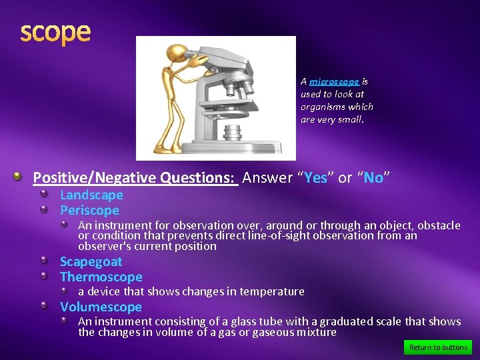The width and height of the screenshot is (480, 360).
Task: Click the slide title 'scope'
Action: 55,31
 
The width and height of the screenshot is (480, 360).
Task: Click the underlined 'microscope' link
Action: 334,81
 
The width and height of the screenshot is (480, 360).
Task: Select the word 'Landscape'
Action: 91,195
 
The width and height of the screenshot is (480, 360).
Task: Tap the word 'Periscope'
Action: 89,210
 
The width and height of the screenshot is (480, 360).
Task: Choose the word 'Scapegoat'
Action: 91,261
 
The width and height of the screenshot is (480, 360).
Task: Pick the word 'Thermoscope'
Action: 101,277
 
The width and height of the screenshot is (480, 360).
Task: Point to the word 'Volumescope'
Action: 101,307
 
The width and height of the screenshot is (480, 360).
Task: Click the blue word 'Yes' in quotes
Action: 317,177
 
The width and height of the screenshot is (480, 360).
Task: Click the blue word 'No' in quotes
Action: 373,177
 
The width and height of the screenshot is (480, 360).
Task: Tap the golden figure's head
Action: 175,54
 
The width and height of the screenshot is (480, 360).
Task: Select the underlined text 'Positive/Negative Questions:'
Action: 135,177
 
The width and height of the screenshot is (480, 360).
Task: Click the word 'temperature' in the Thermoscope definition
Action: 275,291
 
